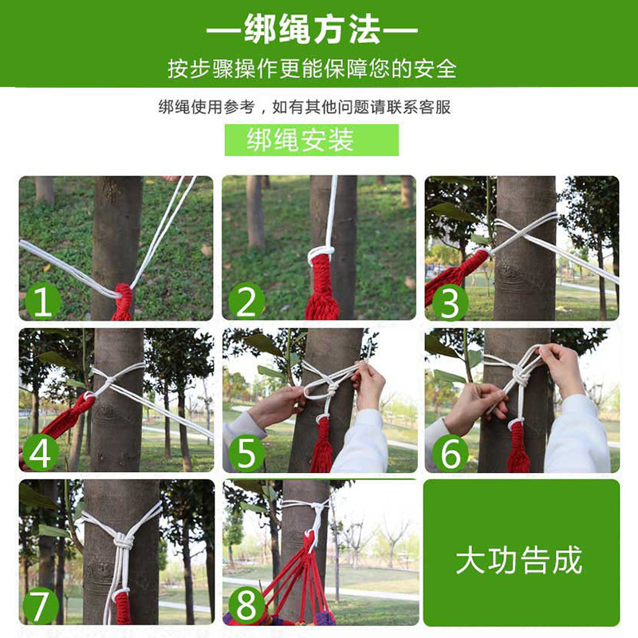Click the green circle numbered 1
point(43,301)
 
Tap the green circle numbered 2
point(246,301)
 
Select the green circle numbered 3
point(450,302)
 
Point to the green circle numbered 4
point(41,453)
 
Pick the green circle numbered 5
point(246,454)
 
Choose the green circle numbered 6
point(451,454)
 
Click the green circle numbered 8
point(246,605)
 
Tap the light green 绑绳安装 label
point(312,140)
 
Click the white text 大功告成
point(519,561)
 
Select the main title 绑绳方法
point(312,30)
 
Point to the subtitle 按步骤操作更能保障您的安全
point(312,69)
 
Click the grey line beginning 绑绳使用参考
point(305,107)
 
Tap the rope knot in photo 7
point(124,542)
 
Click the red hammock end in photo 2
point(321,285)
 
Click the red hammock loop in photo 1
point(123,301)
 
